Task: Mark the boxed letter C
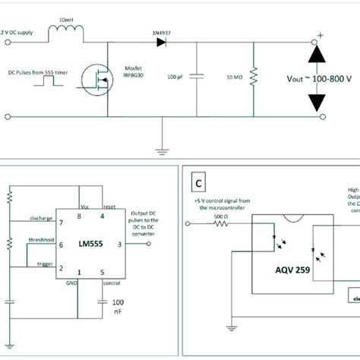point(199,183)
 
